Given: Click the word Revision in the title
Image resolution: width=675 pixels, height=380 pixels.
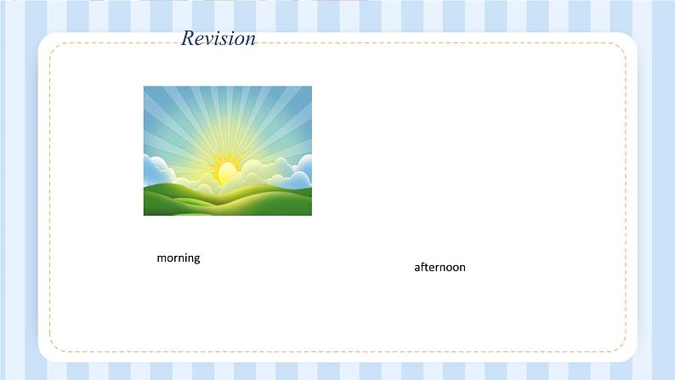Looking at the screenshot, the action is [218, 38].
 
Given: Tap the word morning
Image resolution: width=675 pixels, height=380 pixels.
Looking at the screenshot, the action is [179, 258].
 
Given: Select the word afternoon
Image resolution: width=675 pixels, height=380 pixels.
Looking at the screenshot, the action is [440, 267].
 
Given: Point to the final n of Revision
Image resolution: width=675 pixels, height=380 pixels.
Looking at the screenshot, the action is [251, 41].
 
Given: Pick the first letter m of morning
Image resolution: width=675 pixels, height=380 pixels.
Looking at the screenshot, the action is [161, 258].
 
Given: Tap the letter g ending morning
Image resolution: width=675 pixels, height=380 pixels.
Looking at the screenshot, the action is [196, 259].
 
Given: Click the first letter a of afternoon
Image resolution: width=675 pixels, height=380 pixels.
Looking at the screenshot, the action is [417, 268].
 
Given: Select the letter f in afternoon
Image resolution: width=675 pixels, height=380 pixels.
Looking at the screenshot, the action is [423, 267].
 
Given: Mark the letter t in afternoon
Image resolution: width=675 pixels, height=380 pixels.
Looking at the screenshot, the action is [427, 267].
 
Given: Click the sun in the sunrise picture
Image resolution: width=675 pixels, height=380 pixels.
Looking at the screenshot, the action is [225, 171].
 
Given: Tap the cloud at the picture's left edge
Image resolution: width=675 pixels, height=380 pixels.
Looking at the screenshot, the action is [156, 169].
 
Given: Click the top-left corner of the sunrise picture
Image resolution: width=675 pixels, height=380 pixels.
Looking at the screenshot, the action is [144, 87].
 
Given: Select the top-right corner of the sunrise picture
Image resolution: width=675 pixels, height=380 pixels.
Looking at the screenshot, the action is [312, 87].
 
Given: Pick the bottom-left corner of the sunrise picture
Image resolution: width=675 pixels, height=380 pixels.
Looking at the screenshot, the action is [144, 215].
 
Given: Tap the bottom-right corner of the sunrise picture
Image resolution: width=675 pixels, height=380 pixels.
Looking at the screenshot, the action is [312, 215].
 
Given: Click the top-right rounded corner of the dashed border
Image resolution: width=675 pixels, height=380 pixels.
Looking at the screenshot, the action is [621, 48].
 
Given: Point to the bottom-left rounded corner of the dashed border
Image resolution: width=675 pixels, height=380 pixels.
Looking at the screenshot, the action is [55, 346].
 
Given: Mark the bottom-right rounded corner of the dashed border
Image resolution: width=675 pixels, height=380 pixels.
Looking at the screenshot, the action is [621, 346].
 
